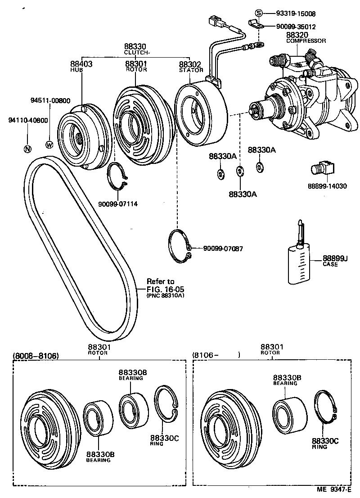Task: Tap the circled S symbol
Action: [x=259, y=14]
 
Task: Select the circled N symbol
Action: [x=27, y=149]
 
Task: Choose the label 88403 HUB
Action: [x=81, y=66]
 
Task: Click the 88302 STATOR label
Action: [x=190, y=66]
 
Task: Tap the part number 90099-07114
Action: [x=117, y=204]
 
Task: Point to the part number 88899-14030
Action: [x=327, y=186]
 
